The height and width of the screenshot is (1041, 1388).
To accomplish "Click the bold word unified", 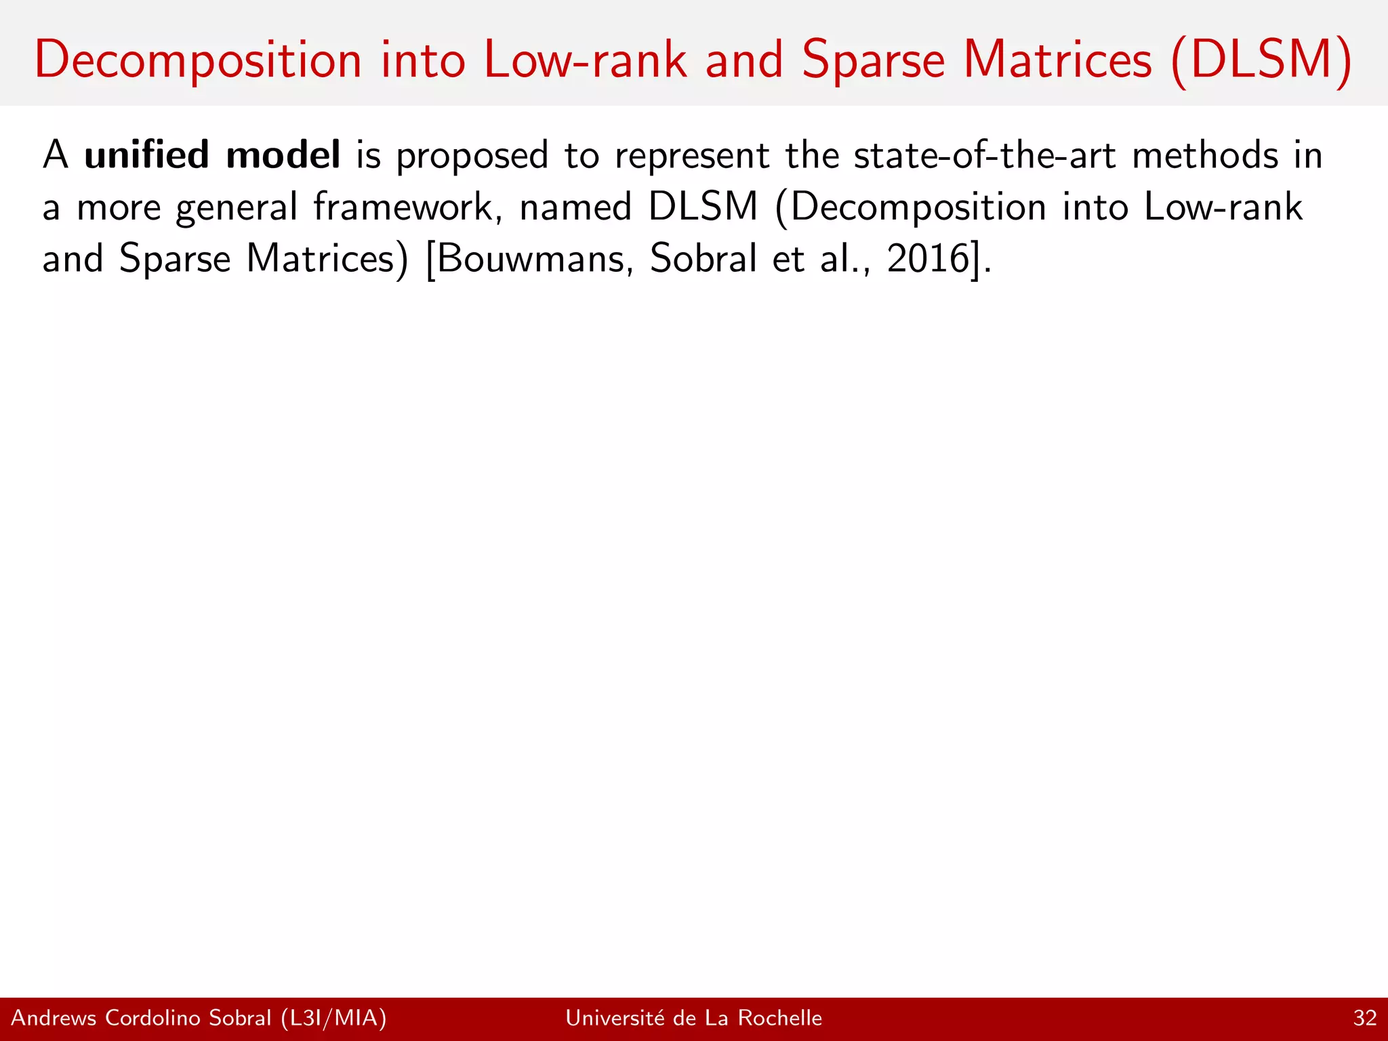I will click(146, 155).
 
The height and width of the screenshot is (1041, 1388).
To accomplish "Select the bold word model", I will click(283, 155).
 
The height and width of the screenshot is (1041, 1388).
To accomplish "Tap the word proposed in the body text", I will click(472, 157).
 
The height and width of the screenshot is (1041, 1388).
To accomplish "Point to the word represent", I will click(692, 157).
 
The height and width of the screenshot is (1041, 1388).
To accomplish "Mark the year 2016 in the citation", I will click(927, 259).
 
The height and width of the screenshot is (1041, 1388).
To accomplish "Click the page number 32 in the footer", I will click(1365, 1018).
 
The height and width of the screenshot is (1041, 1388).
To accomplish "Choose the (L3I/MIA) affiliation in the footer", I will click(333, 1018).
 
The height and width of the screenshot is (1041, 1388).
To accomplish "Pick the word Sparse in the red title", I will click(873, 61).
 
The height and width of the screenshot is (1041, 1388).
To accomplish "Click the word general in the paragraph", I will click(237, 209).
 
